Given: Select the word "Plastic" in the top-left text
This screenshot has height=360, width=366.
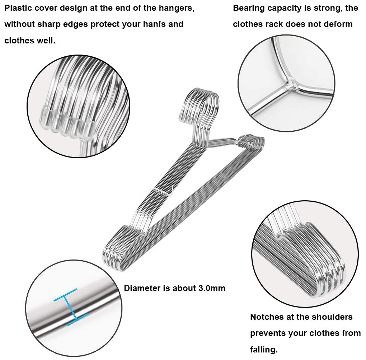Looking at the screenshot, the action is [x=18, y=8].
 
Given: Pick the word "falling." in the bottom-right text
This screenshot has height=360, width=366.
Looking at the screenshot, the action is [x=264, y=350].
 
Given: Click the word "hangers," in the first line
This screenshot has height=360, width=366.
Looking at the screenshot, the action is [x=177, y=9].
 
